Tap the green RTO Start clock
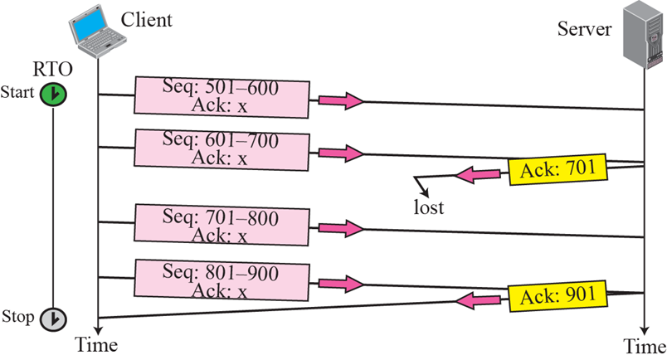click(52, 95)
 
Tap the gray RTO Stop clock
click(52, 319)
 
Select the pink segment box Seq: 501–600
click(222, 96)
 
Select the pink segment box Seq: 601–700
click(222, 148)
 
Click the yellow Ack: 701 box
click(558, 169)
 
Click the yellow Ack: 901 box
click(558, 295)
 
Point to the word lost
click(429, 207)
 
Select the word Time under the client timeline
click(97, 343)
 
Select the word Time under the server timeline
click(645, 345)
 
